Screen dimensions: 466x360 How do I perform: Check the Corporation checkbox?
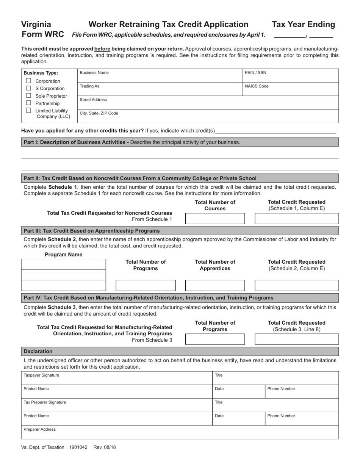pos(28,81)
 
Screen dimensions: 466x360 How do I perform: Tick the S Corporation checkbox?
pos(28,88)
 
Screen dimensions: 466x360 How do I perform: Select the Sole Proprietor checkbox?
pos(28,96)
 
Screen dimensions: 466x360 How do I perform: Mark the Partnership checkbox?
pos(28,103)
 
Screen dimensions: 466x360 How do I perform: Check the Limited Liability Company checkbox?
pos(28,110)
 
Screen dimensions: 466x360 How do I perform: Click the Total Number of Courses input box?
pos(215,219)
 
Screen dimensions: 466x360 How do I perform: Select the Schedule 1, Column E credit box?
pos(296,219)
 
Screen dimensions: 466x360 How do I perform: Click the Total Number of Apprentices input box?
pos(215,285)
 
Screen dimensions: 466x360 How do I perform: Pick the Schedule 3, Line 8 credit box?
pos(296,339)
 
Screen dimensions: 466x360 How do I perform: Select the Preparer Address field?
pos(180,432)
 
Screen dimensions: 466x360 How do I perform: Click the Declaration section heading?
pos(38,351)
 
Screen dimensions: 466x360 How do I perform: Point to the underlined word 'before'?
pos(102,49)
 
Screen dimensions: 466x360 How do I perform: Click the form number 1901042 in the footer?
pos(78,447)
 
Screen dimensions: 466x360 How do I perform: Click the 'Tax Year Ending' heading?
pos(303,25)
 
